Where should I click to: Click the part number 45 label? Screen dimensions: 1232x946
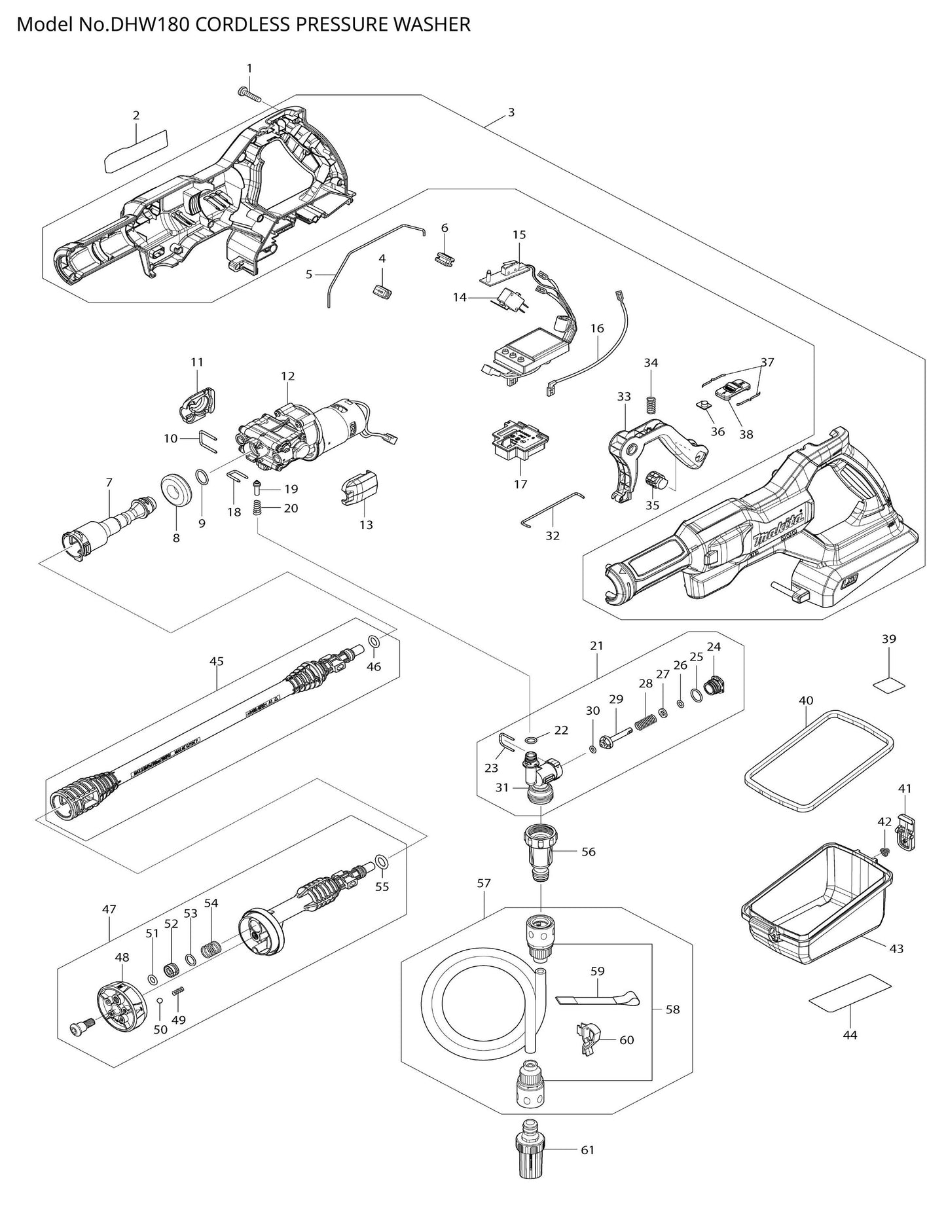[x=217, y=661]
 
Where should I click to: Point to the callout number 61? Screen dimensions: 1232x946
[x=588, y=1150]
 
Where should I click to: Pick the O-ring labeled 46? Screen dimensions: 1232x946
[x=373, y=641]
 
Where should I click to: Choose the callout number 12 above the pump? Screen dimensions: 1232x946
[x=288, y=376]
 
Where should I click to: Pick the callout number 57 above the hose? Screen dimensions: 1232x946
[x=483, y=883]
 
